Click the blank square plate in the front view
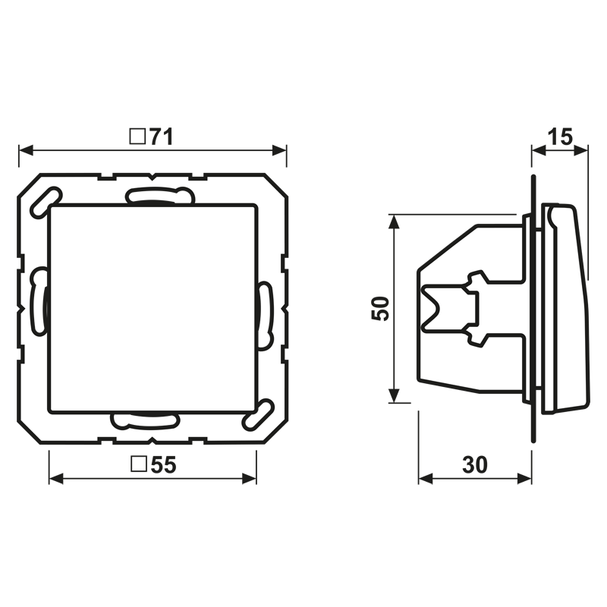152,307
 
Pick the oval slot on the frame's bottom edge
144,420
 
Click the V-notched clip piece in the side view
448,307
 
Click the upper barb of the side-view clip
477,280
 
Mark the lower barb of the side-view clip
477,337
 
